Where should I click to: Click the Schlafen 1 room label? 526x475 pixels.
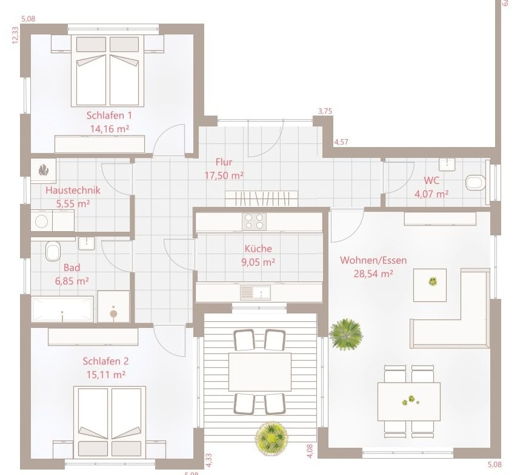pos(109,116)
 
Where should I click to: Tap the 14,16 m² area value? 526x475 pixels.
pos(110,129)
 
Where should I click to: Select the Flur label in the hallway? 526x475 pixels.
pos(224,162)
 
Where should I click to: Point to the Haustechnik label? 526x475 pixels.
pos(73,190)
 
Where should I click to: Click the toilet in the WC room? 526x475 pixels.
pos(476,183)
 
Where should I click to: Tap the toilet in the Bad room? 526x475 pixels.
pos(53,251)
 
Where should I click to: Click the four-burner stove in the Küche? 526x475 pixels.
pos(254,221)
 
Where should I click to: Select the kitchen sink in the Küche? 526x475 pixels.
pos(255,292)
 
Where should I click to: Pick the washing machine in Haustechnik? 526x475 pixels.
pos(42,221)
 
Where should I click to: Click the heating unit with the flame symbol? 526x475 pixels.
pos(43,170)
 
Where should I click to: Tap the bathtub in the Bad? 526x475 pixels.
pos(62,309)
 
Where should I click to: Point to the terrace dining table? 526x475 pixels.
pos(260,372)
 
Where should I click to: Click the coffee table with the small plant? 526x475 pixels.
pos(430,285)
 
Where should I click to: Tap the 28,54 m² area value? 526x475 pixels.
pos(373,274)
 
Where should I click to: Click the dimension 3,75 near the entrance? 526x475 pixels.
pos(325,111)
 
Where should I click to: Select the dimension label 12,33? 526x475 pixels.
pos(15,35)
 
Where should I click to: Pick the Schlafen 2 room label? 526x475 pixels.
pos(105,361)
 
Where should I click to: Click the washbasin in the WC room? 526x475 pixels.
pos(447,164)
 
